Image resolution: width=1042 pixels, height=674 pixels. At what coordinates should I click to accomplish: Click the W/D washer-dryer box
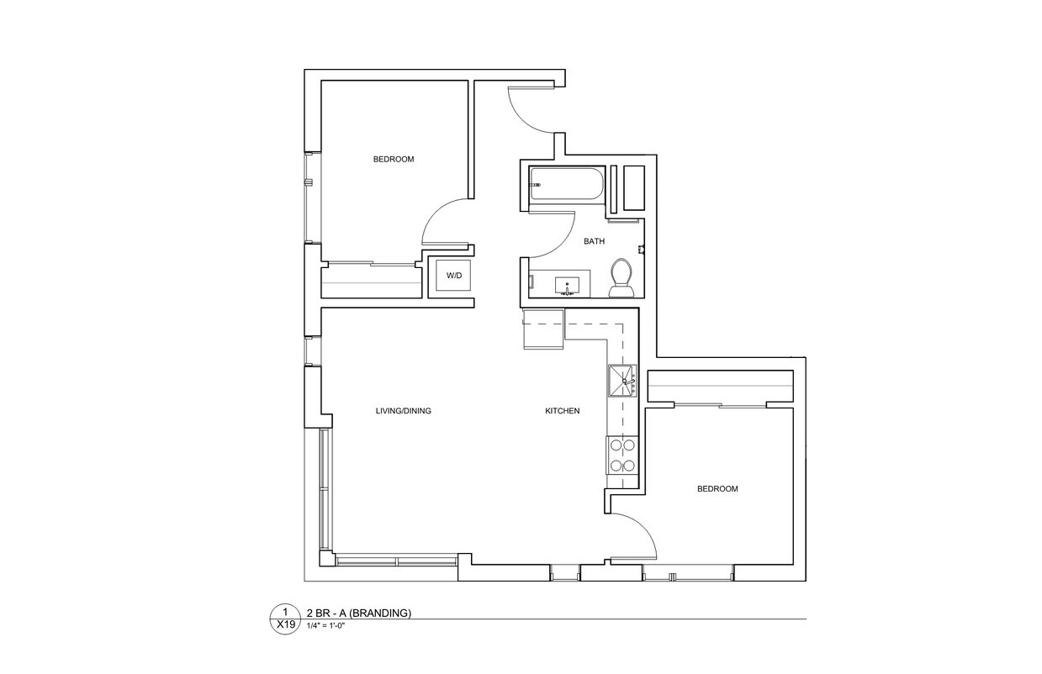(x=453, y=276)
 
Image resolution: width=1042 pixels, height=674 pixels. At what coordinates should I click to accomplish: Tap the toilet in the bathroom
(x=621, y=278)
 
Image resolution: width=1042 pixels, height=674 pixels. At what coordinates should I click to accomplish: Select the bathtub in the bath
(x=565, y=183)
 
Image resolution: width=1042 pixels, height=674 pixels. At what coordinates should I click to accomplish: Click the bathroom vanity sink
(x=567, y=286)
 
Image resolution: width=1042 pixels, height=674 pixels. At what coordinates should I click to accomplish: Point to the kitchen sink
(x=623, y=381)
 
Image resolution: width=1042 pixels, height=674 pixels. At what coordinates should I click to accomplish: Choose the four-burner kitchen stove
(x=622, y=455)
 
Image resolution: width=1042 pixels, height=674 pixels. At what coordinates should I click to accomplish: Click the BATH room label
(x=594, y=241)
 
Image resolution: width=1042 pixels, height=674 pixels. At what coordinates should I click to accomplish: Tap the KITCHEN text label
(x=563, y=411)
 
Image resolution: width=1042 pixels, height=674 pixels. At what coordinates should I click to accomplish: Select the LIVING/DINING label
(x=403, y=411)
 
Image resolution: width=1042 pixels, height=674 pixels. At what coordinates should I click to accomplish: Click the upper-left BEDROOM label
(x=394, y=159)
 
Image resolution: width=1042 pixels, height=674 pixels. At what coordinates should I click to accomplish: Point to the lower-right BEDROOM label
(x=717, y=489)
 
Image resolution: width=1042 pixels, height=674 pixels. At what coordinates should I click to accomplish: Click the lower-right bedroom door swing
(x=636, y=536)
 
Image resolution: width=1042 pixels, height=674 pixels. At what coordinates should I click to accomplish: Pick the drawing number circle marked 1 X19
(x=286, y=619)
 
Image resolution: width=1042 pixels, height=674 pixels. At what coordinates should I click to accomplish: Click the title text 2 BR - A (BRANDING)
(x=359, y=613)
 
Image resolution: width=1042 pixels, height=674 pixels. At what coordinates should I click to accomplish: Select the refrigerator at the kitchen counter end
(x=543, y=329)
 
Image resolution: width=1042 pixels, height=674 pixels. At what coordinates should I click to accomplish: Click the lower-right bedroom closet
(x=720, y=387)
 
